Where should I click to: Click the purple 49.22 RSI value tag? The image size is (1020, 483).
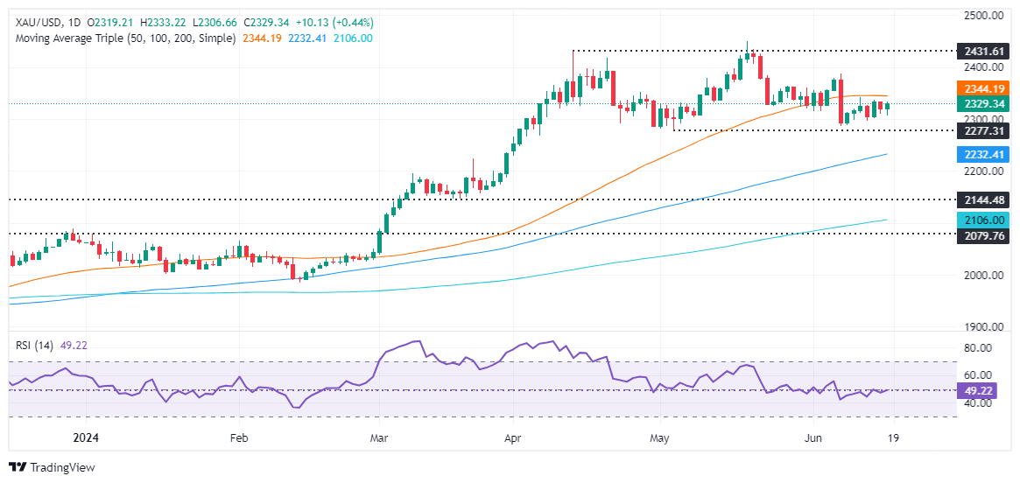(984, 390)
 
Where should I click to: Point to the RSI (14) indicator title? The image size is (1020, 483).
(36, 345)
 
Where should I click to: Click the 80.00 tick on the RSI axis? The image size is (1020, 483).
(984, 348)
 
